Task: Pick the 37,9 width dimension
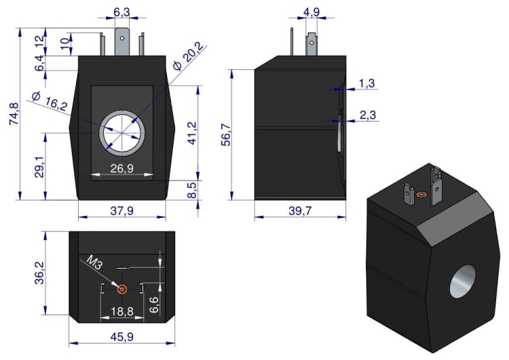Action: pos(122,211)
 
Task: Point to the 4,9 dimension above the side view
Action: pos(312,12)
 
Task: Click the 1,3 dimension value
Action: pos(366,83)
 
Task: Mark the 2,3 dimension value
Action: pos(367,115)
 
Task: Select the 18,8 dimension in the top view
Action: pos(121,310)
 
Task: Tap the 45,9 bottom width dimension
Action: pos(122,336)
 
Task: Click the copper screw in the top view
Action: pos(122,290)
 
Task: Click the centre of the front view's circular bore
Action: pos(122,132)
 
